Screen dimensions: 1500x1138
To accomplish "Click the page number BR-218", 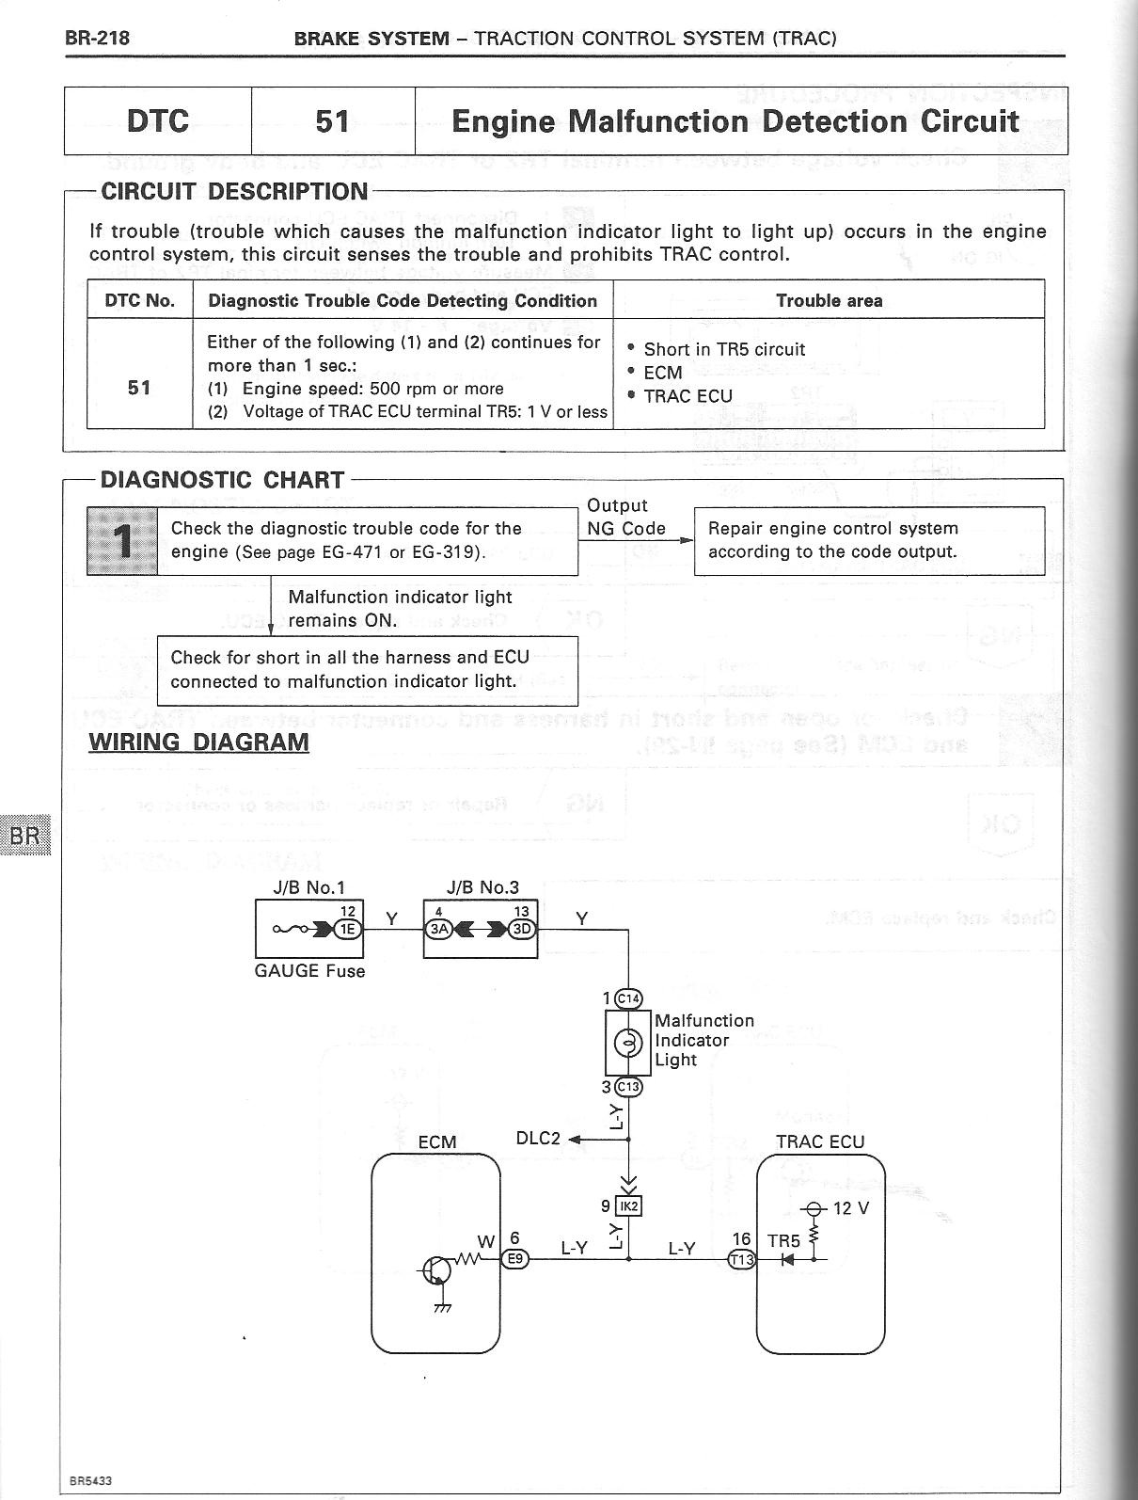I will pyautogui.click(x=97, y=39).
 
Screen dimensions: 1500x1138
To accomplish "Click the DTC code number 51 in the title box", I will pyautogui.click(x=332, y=121).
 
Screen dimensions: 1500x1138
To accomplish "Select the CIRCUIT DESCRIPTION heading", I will pyautogui.click(x=234, y=192).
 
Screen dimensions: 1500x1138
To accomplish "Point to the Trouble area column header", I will pyautogui.click(x=829, y=301).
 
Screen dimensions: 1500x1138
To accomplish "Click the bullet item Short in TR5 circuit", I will pyautogui.click(x=723, y=349).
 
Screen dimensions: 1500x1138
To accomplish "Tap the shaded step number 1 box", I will pyautogui.click(x=122, y=541).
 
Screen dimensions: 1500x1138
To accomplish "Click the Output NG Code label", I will pyautogui.click(x=625, y=518).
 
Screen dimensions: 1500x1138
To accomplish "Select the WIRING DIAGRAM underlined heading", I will pyautogui.click(x=198, y=742).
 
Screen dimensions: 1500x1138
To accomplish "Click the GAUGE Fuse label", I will pyautogui.click(x=309, y=971).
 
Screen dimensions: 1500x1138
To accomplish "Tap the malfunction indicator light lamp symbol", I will pyautogui.click(x=627, y=1043).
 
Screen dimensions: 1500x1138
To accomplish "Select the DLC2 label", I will pyautogui.click(x=538, y=1139).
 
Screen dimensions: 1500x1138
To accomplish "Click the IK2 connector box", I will pyautogui.click(x=628, y=1205).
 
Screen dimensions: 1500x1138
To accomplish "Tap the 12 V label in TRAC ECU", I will pyautogui.click(x=851, y=1208).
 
